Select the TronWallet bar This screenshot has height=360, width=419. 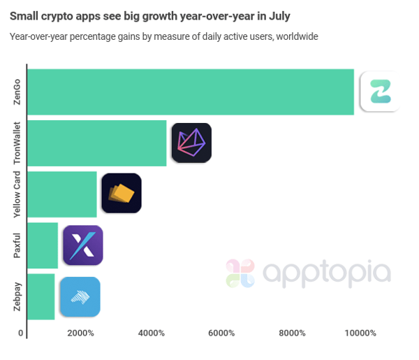[97, 143]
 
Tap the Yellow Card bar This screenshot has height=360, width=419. [62, 194]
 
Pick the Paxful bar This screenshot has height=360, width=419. [43, 245]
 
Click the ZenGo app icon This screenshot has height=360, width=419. [380, 92]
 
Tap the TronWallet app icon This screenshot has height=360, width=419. [191, 143]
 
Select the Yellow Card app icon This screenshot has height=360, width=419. [122, 194]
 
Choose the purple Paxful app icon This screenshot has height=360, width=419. [83, 245]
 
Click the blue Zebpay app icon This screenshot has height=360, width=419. [80, 296]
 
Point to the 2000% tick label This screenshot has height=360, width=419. [80, 333]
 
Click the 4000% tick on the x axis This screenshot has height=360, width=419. [151, 333]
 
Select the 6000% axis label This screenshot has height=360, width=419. [221, 333]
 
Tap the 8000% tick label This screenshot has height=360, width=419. [292, 333]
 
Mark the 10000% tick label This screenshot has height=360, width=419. [361, 333]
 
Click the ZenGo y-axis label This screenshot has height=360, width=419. [17, 92]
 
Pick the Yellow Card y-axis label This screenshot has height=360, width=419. [17, 194]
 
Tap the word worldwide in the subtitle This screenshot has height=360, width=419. [296, 36]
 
